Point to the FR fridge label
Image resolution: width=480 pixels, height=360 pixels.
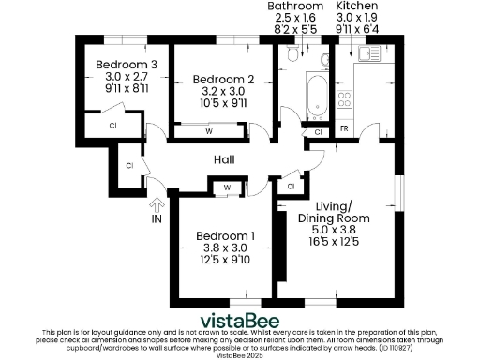click(344, 127)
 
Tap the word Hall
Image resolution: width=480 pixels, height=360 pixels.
click(224, 160)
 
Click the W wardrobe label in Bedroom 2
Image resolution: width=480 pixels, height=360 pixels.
click(209, 131)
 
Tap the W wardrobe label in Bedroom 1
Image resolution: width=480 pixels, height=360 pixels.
click(228, 187)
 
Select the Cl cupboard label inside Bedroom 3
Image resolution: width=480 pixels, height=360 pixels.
click(112, 125)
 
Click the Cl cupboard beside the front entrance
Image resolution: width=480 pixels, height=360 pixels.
click(129, 166)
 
